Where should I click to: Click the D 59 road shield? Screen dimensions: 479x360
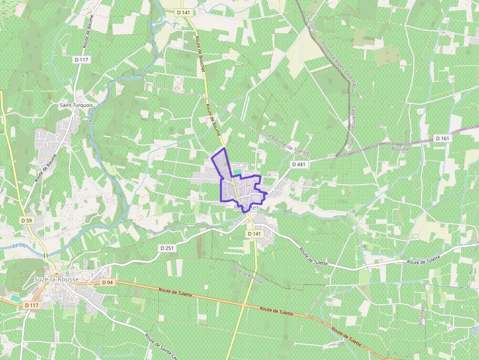26,221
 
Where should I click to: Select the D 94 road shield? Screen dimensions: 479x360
107,283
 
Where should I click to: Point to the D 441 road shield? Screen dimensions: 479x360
298,165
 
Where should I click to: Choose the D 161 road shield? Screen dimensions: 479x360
442,139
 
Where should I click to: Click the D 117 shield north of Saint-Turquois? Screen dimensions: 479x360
82,60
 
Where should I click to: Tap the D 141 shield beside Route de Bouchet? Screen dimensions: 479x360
183,12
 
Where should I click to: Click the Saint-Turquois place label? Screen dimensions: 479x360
76,105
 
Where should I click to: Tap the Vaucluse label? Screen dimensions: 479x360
311,22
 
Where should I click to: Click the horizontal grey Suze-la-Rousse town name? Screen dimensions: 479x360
56,279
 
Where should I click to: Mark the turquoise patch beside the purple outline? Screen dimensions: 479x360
237,172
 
